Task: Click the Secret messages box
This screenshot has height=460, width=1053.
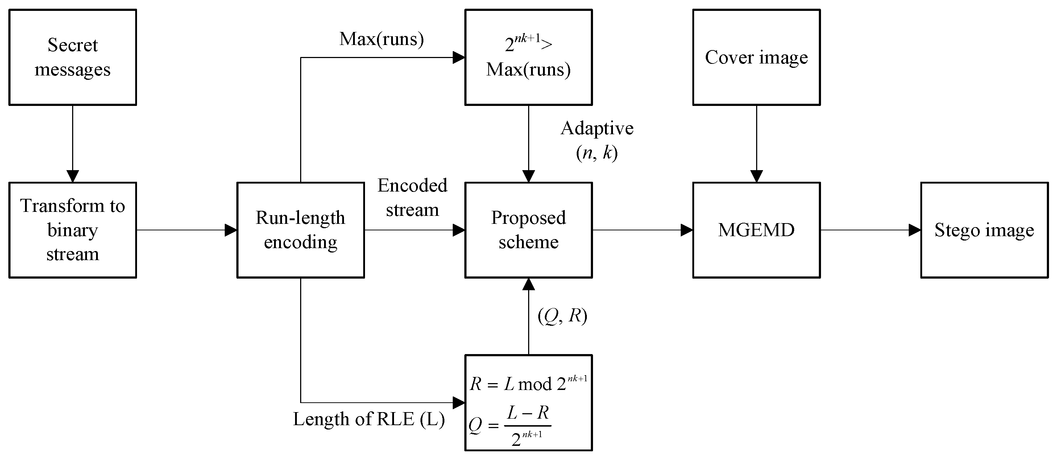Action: coord(72,57)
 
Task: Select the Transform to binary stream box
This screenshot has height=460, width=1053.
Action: coord(72,230)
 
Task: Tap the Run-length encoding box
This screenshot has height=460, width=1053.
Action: coord(300,230)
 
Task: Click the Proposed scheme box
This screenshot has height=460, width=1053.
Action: coord(528,230)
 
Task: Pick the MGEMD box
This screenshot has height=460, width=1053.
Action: coord(756,230)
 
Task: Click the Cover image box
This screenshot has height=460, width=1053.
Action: coord(756,57)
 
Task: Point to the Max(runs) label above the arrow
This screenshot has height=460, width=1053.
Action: coord(381,39)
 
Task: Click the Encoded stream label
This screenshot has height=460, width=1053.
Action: coord(412,197)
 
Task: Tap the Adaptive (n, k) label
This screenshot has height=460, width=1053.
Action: coord(597,140)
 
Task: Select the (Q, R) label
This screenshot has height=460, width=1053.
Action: coord(563,316)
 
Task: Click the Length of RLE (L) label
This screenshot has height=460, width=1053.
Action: coord(369,419)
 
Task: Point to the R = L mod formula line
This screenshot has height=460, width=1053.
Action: coord(528,383)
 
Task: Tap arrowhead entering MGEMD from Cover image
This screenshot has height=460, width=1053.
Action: coord(756,176)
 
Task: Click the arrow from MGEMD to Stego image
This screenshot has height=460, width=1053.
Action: coord(871,230)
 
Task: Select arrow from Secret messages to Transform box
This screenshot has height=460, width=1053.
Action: coord(72,143)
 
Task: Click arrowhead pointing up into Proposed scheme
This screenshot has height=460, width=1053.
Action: coord(528,284)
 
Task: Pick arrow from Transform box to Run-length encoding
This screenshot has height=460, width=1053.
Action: coord(186,230)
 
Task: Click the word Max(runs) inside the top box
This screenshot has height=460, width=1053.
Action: coord(528,70)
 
